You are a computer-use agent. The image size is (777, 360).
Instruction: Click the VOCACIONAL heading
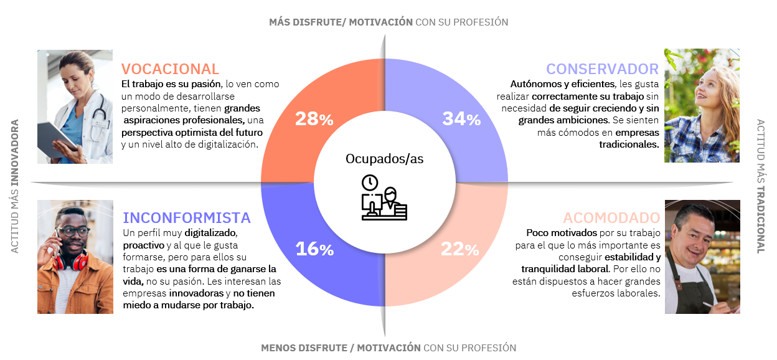[x=170, y=69]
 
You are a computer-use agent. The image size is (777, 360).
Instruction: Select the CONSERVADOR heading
[x=602, y=69]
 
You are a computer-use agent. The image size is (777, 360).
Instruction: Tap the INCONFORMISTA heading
[x=187, y=218]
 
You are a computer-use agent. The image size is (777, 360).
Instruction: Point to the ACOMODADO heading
[x=611, y=218]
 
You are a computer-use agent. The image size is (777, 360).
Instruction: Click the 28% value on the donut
[x=314, y=120]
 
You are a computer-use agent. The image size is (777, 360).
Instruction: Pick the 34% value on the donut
[x=461, y=119]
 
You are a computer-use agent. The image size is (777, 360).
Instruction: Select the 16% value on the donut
[x=314, y=249]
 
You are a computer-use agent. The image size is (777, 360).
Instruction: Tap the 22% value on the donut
[x=460, y=250]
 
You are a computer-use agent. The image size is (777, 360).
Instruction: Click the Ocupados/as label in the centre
[x=384, y=159]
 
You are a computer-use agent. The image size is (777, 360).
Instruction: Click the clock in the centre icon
[x=370, y=182]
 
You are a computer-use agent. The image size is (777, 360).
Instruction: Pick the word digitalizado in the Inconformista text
[x=210, y=233]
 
